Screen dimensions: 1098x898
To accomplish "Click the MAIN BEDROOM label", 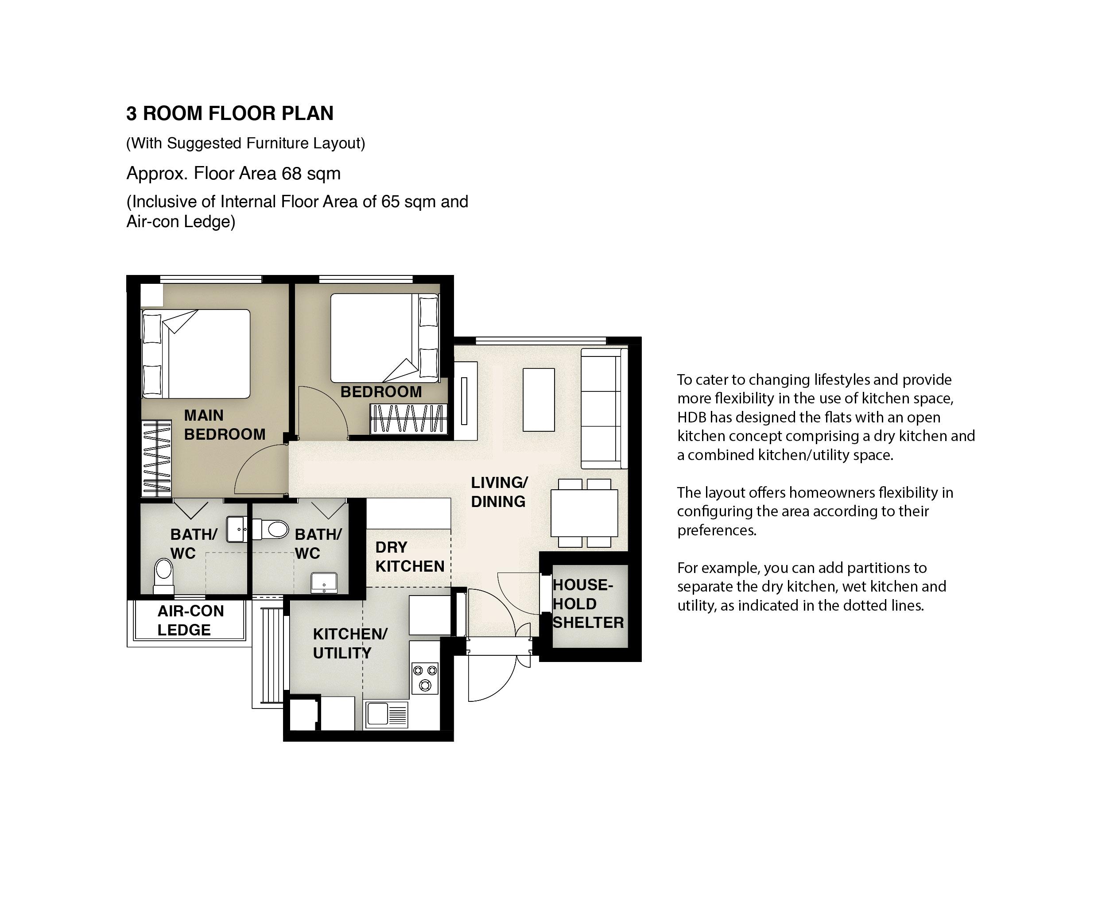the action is click(225, 425).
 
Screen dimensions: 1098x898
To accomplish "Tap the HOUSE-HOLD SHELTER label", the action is click(588, 604).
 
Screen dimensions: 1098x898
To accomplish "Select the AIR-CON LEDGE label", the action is click(190, 620).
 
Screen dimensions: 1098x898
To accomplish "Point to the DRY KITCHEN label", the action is click(409, 557).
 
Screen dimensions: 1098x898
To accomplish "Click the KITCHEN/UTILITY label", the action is click(350, 643).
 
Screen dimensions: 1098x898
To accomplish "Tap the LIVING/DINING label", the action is click(499, 492).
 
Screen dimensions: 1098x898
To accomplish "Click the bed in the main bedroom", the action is click(196, 354).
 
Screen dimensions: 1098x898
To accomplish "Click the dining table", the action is click(584, 513).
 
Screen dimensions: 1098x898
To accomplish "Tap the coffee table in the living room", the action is click(539, 400).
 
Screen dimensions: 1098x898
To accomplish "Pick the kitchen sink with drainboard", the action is click(387, 714).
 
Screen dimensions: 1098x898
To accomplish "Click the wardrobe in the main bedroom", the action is click(156, 459).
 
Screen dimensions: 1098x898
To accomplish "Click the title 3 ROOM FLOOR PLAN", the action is click(230, 113).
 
